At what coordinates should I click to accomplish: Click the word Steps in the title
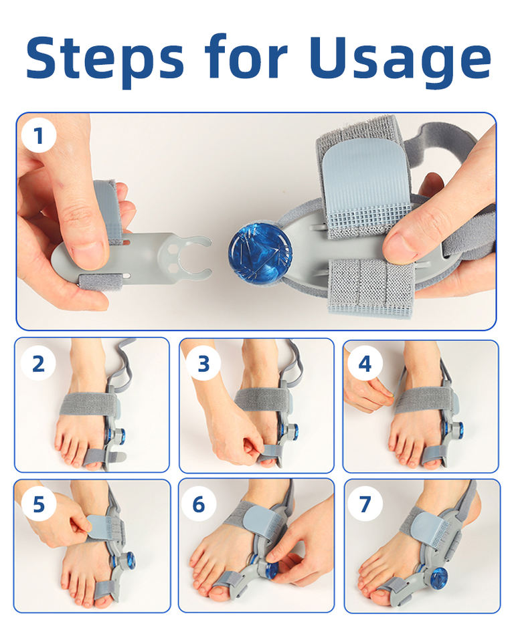[x=105, y=58]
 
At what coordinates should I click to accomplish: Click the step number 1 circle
[x=39, y=136]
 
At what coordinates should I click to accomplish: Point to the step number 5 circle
[x=39, y=504]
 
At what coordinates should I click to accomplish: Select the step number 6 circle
[x=199, y=504]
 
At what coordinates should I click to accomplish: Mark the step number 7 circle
[x=365, y=504]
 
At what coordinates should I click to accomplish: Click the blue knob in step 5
[x=131, y=560]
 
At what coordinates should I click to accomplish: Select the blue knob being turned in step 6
[x=271, y=570]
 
